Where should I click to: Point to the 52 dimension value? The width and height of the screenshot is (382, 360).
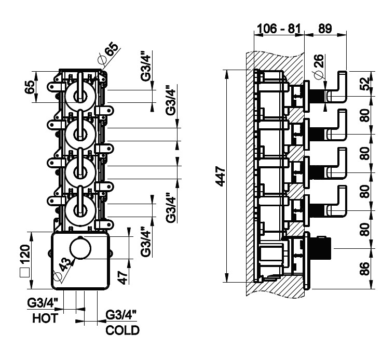(366, 84)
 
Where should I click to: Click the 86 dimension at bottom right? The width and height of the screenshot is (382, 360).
(366, 268)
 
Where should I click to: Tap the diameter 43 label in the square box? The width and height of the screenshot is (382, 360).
(63, 266)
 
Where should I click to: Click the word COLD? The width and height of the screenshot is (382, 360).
(123, 330)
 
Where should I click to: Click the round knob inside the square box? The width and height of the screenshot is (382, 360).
(80, 250)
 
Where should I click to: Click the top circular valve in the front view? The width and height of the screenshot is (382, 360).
(80, 94)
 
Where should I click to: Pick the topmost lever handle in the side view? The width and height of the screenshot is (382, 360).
(342, 85)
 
